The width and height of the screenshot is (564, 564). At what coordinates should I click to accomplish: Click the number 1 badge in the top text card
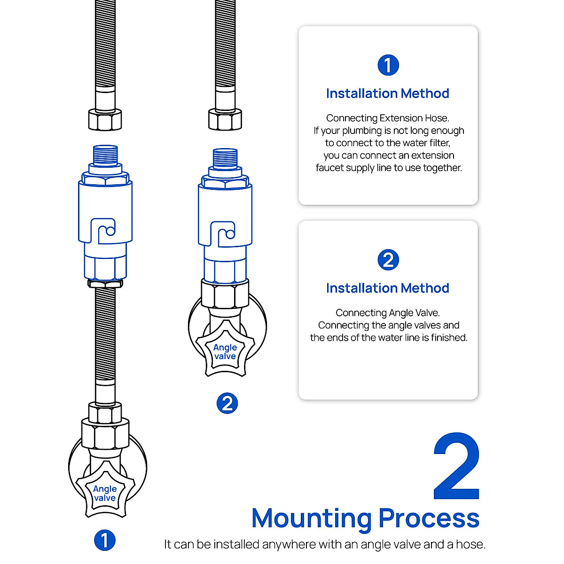pyautogui.click(x=388, y=65)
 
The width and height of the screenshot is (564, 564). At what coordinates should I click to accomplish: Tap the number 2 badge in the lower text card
pyautogui.click(x=388, y=260)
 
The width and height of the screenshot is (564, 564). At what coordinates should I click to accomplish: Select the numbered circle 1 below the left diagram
pyautogui.click(x=105, y=540)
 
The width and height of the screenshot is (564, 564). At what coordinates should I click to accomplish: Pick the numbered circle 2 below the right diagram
pyautogui.click(x=227, y=403)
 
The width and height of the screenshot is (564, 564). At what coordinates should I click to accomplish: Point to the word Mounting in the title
pyautogui.click(x=312, y=518)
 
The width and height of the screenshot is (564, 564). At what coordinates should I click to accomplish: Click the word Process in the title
pyautogui.click(x=429, y=518)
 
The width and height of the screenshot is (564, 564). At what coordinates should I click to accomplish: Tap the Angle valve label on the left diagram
pyautogui.click(x=105, y=493)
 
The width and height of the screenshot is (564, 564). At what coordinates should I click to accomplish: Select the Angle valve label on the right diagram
pyautogui.click(x=225, y=352)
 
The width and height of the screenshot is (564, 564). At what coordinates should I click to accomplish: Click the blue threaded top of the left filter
pyautogui.click(x=105, y=155)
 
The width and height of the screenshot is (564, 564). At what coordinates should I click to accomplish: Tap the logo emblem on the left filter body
pyautogui.click(x=103, y=231)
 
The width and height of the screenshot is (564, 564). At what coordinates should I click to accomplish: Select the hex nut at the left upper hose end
pyautogui.click(x=105, y=119)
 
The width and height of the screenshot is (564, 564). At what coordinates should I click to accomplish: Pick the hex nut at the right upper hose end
pyautogui.click(x=225, y=119)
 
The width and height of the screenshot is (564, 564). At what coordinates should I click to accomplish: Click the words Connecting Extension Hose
pyautogui.click(x=388, y=118)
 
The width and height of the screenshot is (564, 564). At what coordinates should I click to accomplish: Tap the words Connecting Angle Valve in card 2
pyautogui.click(x=388, y=313)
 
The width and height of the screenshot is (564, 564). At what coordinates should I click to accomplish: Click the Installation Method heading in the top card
pyautogui.click(x=388, y=94)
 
